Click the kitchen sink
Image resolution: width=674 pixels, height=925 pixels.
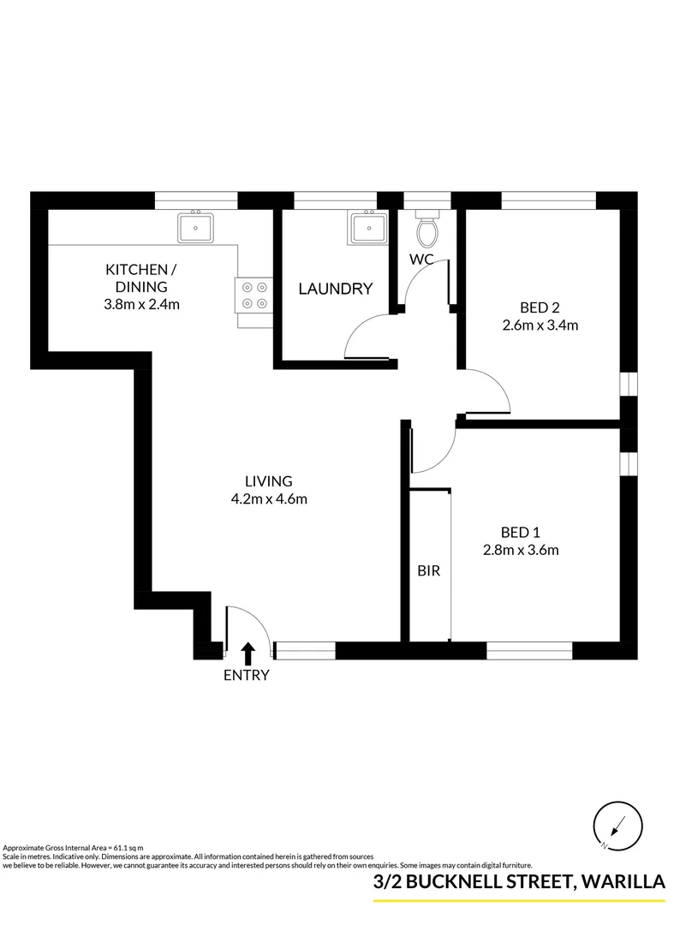click(x=195, y=229)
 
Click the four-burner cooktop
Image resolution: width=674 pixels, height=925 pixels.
click(x=254, y=295)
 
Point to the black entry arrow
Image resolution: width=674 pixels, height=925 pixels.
click(x=248, y=653)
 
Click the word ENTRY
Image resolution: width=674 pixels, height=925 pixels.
click(x=247, y=675)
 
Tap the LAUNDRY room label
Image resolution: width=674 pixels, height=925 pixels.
click(x=335, y=289)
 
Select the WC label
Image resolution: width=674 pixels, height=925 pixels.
click(x=421, y=259)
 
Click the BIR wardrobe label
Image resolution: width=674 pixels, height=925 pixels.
click(x=428, y=570)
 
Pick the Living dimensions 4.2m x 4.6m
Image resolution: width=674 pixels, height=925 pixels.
click(x=269, y=499)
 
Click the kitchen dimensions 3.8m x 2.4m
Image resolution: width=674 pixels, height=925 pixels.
click(x=142, y=304)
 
